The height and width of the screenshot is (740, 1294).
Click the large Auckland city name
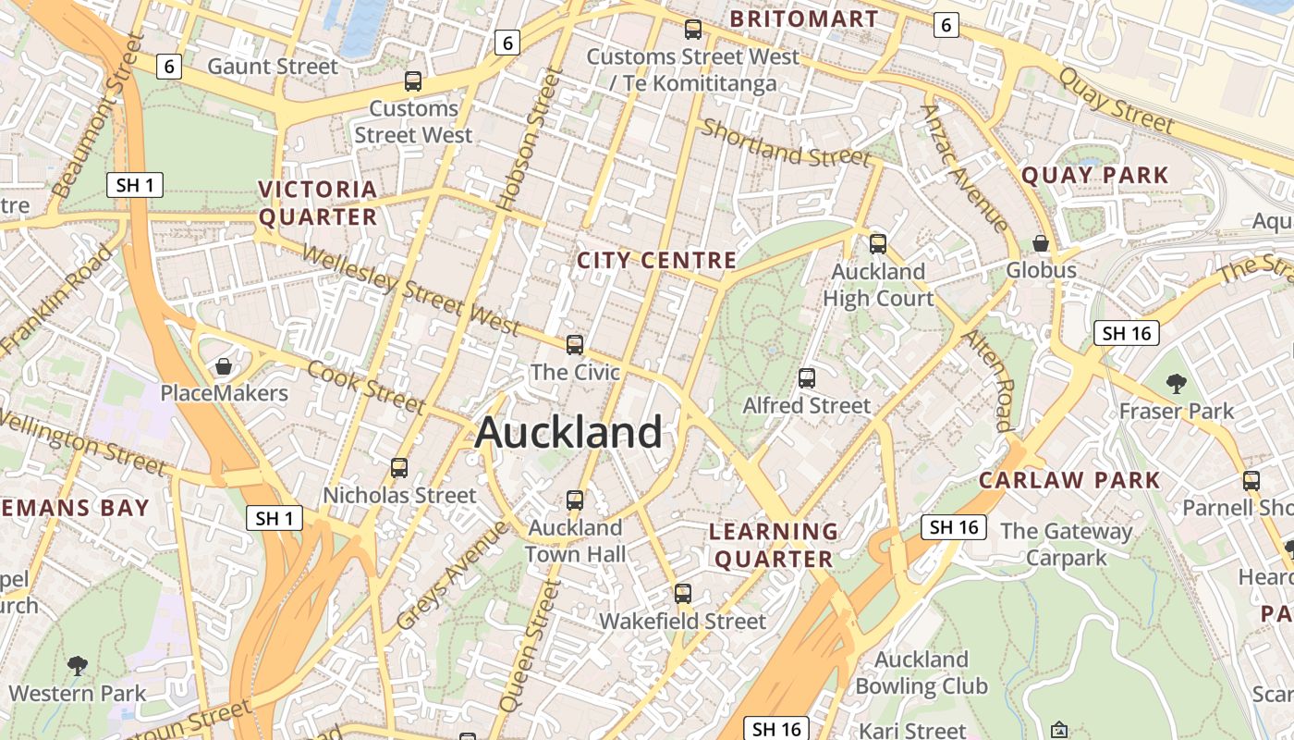[x=568, y=433]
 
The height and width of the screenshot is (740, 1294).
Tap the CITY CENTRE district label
[x=656, y=261]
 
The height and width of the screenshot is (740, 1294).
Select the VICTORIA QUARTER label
[x=318, y=203]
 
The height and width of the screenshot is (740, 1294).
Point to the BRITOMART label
[x=804, y=19]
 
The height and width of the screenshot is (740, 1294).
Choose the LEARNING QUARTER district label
[x=774, y=545]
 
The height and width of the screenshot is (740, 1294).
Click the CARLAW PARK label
[x=1069, y=480]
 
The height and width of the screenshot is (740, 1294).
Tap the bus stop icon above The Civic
[x=575, y=345]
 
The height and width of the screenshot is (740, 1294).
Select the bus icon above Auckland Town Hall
[x=575, y=500]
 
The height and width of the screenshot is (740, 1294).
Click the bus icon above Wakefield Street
[x=683, y=594]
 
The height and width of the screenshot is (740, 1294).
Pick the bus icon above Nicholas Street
[x=399, y=468]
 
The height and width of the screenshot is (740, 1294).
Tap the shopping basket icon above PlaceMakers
[x=224, y=366]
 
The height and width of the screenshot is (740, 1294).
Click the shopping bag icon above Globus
[x=1041, y=243]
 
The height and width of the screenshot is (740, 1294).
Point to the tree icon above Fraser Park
[x=1176, y=383]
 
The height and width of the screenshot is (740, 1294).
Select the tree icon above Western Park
[x=78, y=665]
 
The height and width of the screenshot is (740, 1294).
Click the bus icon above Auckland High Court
[x=878, y=244]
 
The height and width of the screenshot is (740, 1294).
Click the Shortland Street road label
[x=786, y=144]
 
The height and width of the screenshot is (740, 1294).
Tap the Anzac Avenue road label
[x=965, y=168]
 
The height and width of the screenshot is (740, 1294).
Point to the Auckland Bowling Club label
[x=922, y=672]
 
